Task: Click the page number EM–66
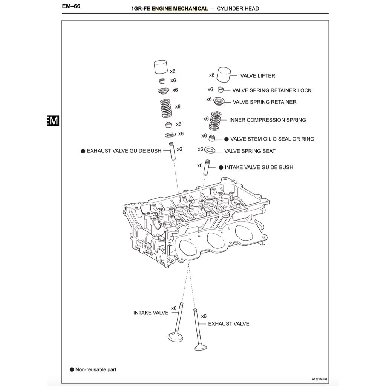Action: pyautogui.click(x=71, y=6)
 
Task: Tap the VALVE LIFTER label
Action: pyautogui.click(x=257, y=76)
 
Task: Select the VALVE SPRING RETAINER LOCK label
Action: pyautogui.click(x=272, y=90)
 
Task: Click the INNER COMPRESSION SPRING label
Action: pyautogui.click(x=268, y=120)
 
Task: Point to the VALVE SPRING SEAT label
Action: pyautogui.click(x=250, y=151)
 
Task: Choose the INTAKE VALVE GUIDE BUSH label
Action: pyautogui.click(x=259, y=167)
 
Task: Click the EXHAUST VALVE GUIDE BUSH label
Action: pyautogui.click(x=124, y=151)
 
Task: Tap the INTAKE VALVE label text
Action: pyautogui.click(x=151, y=313)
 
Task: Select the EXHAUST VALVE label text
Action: pyautogui.click(x=228, y=324)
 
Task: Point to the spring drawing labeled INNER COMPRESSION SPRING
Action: pyautogui.click(x=215, y=120)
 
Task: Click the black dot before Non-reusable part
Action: pyautogui.click(x=72, y=369)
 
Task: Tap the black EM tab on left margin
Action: pyautogui.click(x=53, y=121)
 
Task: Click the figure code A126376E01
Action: pyautogui.click(x=320, y=379)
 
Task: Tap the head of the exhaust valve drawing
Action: pyautogui.click(x=201, y=346)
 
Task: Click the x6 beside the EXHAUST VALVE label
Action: pyautogui.click(x=204, y=316)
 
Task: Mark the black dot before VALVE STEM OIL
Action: pyautogui.click(x=227, y=139)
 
